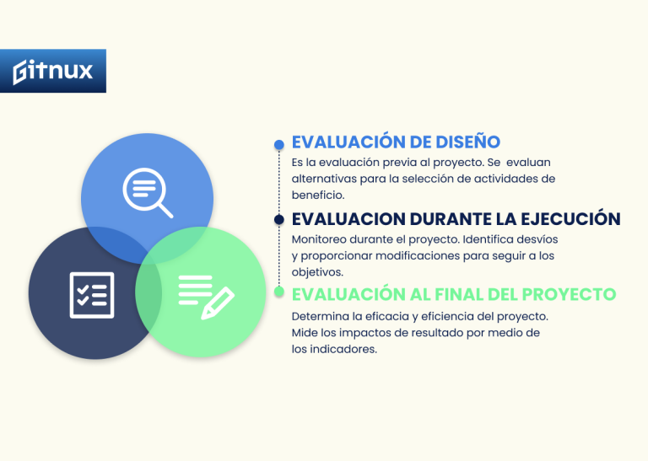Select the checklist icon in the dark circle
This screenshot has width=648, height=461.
point(91,294)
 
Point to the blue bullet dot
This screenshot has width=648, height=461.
point(278,145)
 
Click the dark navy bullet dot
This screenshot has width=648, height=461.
point(278,219)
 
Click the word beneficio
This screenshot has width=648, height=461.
point(311,195)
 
